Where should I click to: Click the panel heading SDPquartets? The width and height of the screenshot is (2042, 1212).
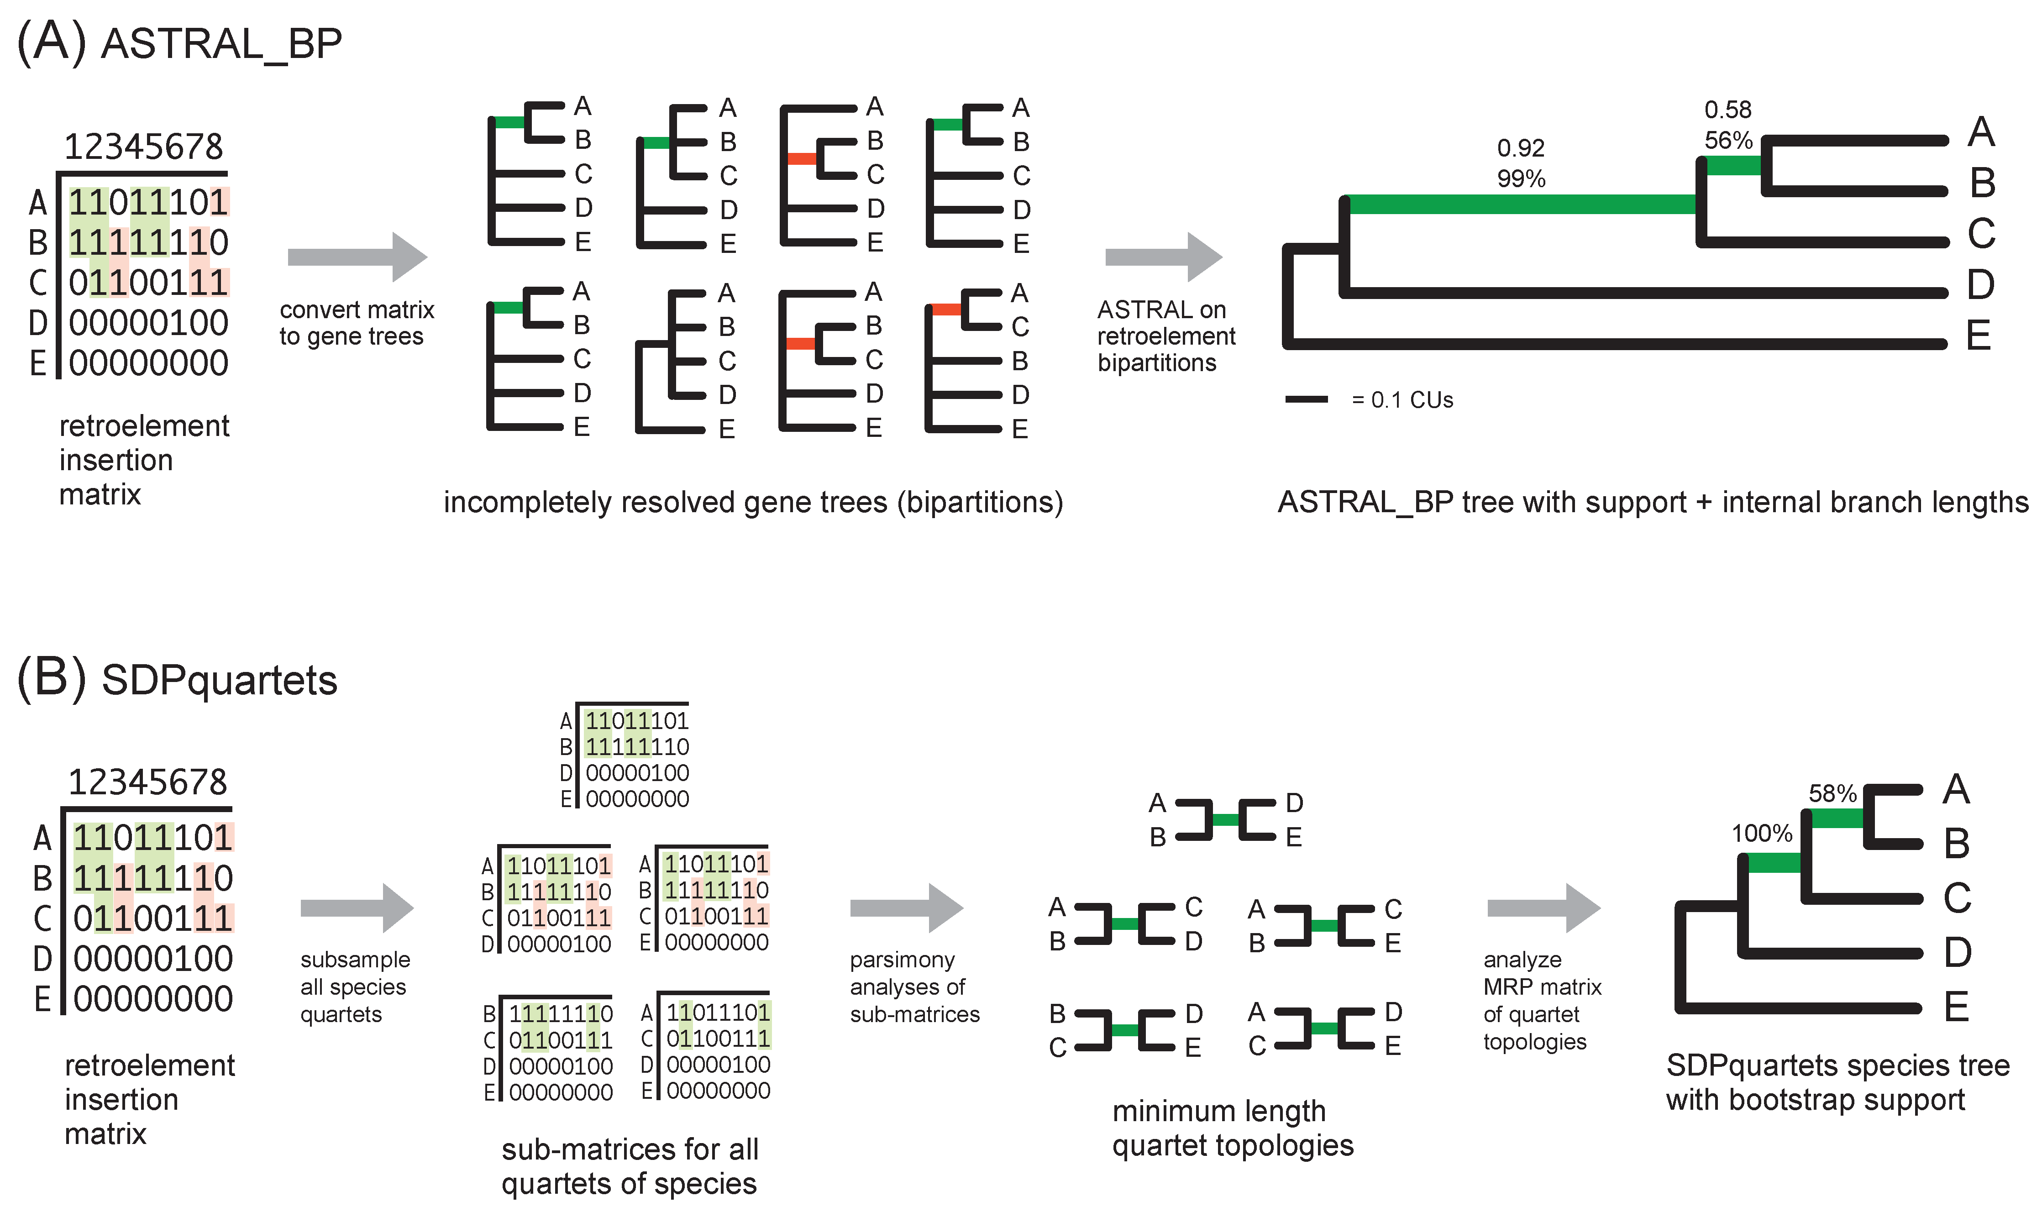[x=219, y=680]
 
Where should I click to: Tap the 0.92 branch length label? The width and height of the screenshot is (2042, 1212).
[x=1520, y=149]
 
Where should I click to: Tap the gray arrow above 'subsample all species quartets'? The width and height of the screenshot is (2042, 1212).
[x=357, y=908]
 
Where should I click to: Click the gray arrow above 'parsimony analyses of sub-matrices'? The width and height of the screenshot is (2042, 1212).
[x=906, y=908]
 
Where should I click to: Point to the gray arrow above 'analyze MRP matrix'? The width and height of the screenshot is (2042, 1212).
[x=1543, y=908]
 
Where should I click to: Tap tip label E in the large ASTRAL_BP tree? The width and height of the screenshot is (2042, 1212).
[x=1978, y=336]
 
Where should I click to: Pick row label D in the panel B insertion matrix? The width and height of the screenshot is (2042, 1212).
[x=42, y=959]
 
